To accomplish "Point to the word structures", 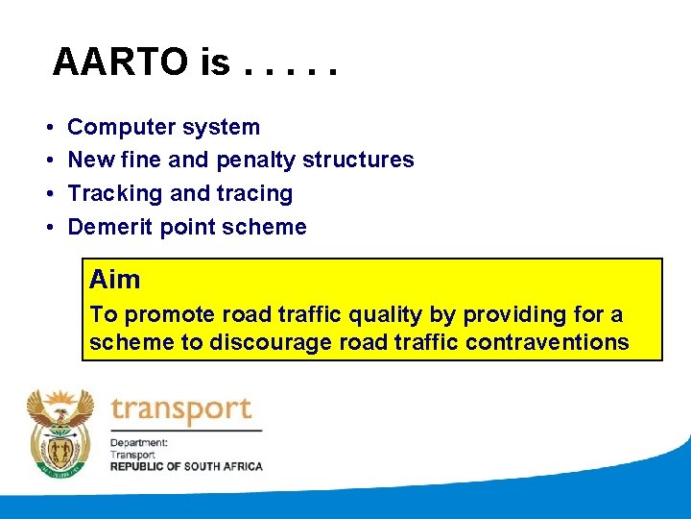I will click(358, 160).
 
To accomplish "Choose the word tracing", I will click(254, 193).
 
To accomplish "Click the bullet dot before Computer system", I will click(48, 128).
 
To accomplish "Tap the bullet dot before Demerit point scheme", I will click(48, 228).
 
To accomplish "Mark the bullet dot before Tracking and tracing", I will click(48, 194).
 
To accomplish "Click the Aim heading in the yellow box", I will click(115, 280).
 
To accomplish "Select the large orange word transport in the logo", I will click(180, 410).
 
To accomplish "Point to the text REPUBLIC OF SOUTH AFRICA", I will click(185, 466).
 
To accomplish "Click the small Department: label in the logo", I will click(139, 443).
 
